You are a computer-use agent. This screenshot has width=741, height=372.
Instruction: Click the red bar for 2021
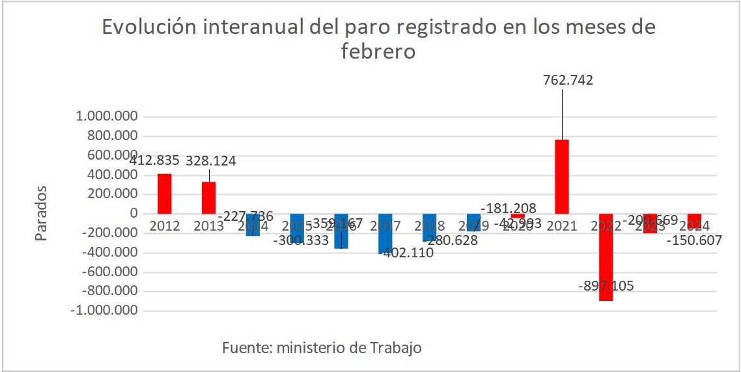point(561,177)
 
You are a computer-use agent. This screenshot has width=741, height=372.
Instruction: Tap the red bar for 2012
point(165,193)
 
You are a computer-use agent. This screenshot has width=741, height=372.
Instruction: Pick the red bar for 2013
point(208,197)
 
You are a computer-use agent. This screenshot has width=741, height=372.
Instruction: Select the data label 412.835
point(154,160)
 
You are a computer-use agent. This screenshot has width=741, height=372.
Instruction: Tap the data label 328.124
point(211,160)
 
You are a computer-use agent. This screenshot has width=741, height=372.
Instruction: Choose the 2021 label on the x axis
point(561,226)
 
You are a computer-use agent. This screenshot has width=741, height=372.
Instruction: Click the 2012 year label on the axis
point(165,226)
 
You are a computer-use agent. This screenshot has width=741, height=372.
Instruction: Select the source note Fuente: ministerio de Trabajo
point(322,348)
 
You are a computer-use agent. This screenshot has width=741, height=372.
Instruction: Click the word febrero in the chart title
point(378,51)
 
